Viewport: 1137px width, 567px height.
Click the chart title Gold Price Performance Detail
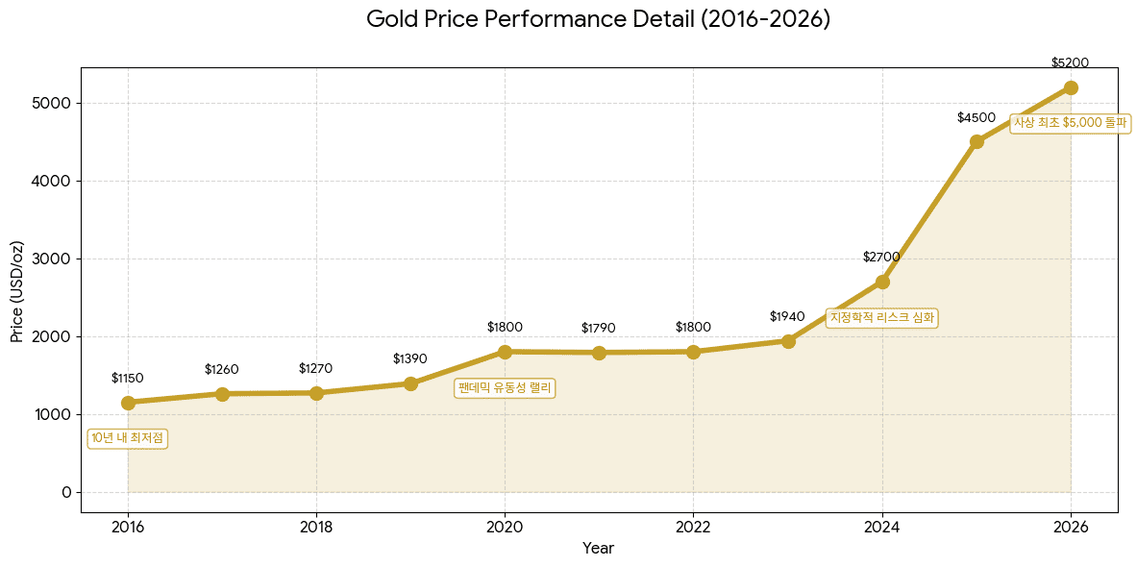[598, 19]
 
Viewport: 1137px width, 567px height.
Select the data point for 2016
[128, 403]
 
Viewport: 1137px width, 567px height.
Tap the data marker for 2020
[505, 352]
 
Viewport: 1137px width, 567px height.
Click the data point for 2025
[976, 141]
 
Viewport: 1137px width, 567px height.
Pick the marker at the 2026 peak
[1071, 87]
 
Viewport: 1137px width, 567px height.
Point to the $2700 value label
[881, 257]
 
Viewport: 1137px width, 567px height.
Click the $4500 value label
[976, 117]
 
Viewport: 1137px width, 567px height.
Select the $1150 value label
[128, 378]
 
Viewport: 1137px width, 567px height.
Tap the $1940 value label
[787, 316]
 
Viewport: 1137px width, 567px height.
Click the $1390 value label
[410, 358]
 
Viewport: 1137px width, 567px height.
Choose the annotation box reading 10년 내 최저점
[128, 438]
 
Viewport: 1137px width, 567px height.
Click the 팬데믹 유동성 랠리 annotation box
[505, 388]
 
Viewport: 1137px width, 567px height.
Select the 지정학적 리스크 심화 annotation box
[881, 317]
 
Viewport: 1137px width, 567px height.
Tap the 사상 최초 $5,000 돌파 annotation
[1070, 123]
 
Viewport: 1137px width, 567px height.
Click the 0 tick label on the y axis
[66, 492]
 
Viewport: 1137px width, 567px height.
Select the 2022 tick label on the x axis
[693, 527]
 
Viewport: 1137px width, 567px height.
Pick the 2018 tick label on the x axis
[316, 527]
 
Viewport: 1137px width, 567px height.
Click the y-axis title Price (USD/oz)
[17, 290]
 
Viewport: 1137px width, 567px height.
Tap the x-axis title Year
[598, 549]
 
